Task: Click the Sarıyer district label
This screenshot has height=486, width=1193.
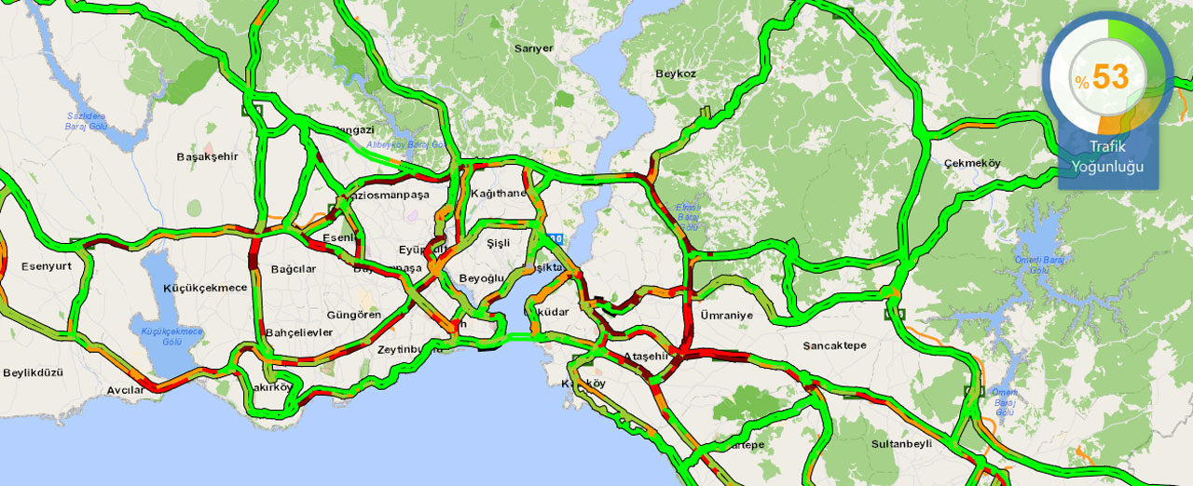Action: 534,48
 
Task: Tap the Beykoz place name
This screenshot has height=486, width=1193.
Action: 676,74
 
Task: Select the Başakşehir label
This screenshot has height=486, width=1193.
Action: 207,156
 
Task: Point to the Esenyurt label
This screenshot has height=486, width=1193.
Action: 48,267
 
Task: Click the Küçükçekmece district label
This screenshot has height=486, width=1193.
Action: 205,288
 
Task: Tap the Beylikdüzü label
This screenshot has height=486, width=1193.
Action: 33,372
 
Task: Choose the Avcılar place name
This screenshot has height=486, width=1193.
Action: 126,390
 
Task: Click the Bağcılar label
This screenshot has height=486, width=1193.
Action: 294,269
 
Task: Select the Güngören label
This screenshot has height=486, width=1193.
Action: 354,315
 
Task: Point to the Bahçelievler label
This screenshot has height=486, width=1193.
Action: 298,332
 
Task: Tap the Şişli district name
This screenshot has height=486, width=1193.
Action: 500,242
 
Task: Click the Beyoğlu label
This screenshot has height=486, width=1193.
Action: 481,278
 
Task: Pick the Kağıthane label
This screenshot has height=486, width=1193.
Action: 499,193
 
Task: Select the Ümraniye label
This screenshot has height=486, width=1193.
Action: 726,316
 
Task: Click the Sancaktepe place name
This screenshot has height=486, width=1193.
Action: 834,345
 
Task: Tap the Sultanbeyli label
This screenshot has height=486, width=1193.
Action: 901,444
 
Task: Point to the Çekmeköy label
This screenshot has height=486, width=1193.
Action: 971,164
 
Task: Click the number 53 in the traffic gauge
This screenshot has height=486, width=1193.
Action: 1111,77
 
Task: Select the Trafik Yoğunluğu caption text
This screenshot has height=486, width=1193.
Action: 1107,157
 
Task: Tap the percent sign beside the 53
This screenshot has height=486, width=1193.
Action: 1081,82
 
